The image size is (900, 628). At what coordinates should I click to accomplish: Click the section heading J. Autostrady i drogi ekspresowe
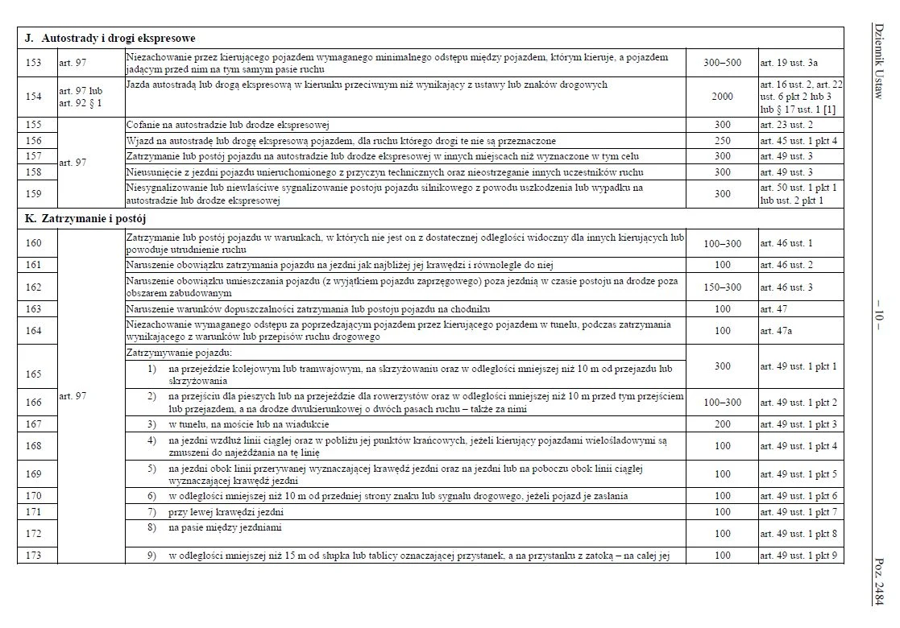(x=110, y=38)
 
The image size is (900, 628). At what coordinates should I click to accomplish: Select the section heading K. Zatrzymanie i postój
(x=85, y=218)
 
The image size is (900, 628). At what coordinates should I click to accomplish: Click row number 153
(x=34, y=62)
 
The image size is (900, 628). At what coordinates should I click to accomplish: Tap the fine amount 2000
(x=722, y=97)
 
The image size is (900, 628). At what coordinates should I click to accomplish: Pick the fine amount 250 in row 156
(x=722, y=141)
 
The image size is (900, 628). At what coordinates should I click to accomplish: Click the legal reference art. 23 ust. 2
(x=786, y=126)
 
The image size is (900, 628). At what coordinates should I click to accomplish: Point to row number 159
(x=34, y=194)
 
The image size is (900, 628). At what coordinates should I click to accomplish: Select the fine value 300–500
(x=722, y=62)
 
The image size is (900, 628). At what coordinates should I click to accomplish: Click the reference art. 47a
(x=777, y=331)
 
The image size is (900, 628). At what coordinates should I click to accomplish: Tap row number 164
(x=34, y=331)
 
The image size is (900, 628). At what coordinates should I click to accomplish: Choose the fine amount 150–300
(x=722, y=287)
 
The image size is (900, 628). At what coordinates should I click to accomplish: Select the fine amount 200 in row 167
(x=722, y=424)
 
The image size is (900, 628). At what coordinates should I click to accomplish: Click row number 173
(x=34, y=556)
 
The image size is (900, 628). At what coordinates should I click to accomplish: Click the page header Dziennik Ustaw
(x=877, y=61)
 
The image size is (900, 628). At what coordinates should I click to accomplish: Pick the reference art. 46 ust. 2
(x=786, y=265)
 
